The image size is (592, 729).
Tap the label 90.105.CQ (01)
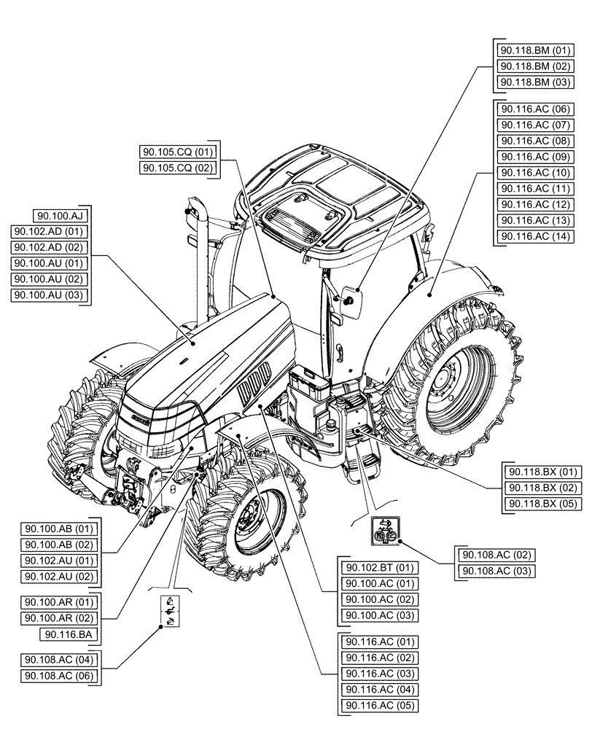178,152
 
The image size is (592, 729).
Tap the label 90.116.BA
68,634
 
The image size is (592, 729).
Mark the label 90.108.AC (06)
60,676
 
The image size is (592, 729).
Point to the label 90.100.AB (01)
60,529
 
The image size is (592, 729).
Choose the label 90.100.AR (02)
60,618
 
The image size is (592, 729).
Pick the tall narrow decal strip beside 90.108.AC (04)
169,611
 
